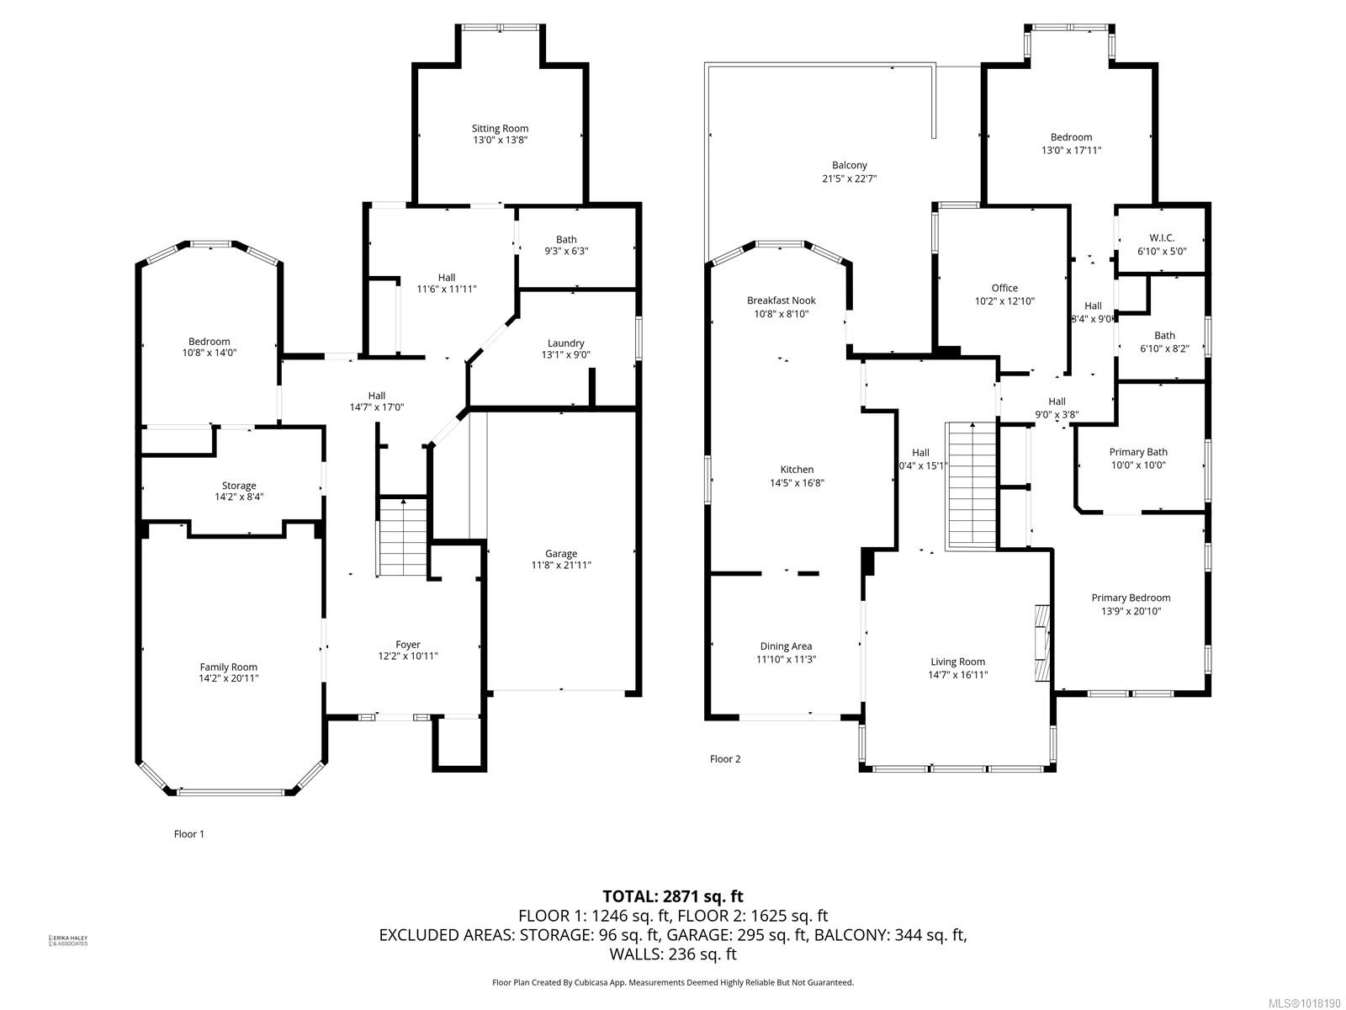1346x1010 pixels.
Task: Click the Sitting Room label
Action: click(500, 129)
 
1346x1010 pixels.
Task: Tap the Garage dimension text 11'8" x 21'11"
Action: click(560, 566)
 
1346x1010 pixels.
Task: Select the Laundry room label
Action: click(565, 343)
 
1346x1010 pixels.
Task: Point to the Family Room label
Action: click(228, 667)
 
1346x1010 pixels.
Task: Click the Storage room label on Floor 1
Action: click(239, 486)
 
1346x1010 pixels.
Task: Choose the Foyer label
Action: click(408, 645)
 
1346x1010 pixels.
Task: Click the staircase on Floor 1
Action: click(402, 537)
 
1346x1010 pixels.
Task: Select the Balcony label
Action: click(849, 166)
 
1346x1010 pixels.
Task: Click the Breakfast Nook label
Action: click(781, 300)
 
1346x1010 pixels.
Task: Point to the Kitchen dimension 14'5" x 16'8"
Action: click(797, 483)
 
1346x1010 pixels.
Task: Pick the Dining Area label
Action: click(785, 646)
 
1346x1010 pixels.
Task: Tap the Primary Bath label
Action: click(1137, 452)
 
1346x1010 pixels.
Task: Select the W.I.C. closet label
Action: click(1161, 238)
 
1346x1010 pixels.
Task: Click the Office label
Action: click(1004, 288)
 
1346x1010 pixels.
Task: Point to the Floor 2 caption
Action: click(725, 759)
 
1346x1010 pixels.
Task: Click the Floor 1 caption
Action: click(188, 834)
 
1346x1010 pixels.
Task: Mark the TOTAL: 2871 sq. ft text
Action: click(672, 896)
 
